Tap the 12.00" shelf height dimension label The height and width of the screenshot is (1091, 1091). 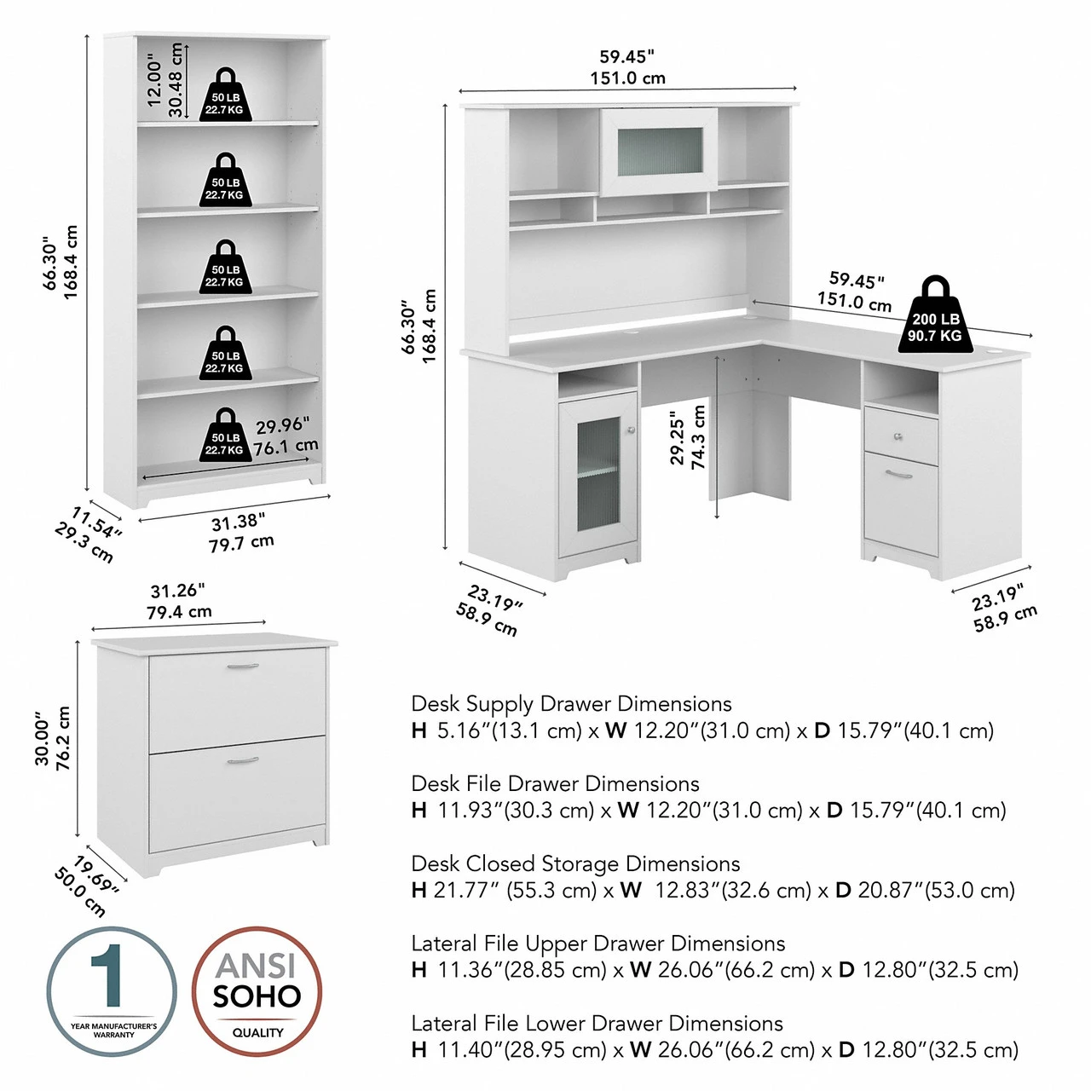pos(154,81)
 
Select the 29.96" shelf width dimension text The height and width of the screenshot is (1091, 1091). pos(282,425)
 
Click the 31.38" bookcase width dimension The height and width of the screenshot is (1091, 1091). pos(238,522)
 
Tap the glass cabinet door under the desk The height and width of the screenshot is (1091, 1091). pos(597,474)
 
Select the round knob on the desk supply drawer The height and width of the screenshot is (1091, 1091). pos(898,437)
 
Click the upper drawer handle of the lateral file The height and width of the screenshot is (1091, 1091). pos(243,667)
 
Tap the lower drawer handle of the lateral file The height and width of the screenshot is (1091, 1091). pos(243,760)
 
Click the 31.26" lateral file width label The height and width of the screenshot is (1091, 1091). pos(177,591)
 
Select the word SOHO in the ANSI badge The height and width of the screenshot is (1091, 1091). pos(257,996)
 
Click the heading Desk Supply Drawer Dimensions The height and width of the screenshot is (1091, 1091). pos(571,704)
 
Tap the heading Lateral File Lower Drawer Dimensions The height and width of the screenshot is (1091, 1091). pos(597,1023)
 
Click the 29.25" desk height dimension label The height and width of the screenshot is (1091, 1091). pos(678,438)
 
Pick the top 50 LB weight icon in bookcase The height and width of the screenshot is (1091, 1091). pos(226,95)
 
